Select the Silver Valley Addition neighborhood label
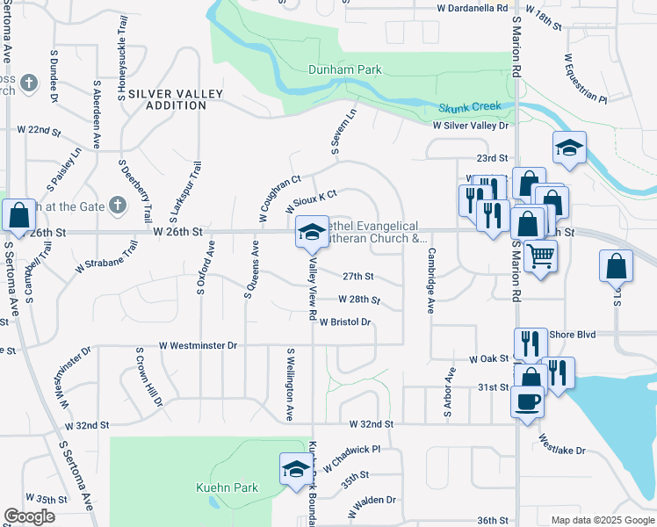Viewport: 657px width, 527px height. point(167,98)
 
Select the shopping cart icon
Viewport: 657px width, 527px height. point(541,256)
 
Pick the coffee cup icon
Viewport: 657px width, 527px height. point(527,401)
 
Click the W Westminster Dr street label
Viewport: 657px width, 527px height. point(199,346)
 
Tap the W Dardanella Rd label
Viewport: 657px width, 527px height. point(473,8)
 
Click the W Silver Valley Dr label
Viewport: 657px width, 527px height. point(470,126)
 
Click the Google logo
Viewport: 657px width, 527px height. point(30,516)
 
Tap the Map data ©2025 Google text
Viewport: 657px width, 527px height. point(603,520)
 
